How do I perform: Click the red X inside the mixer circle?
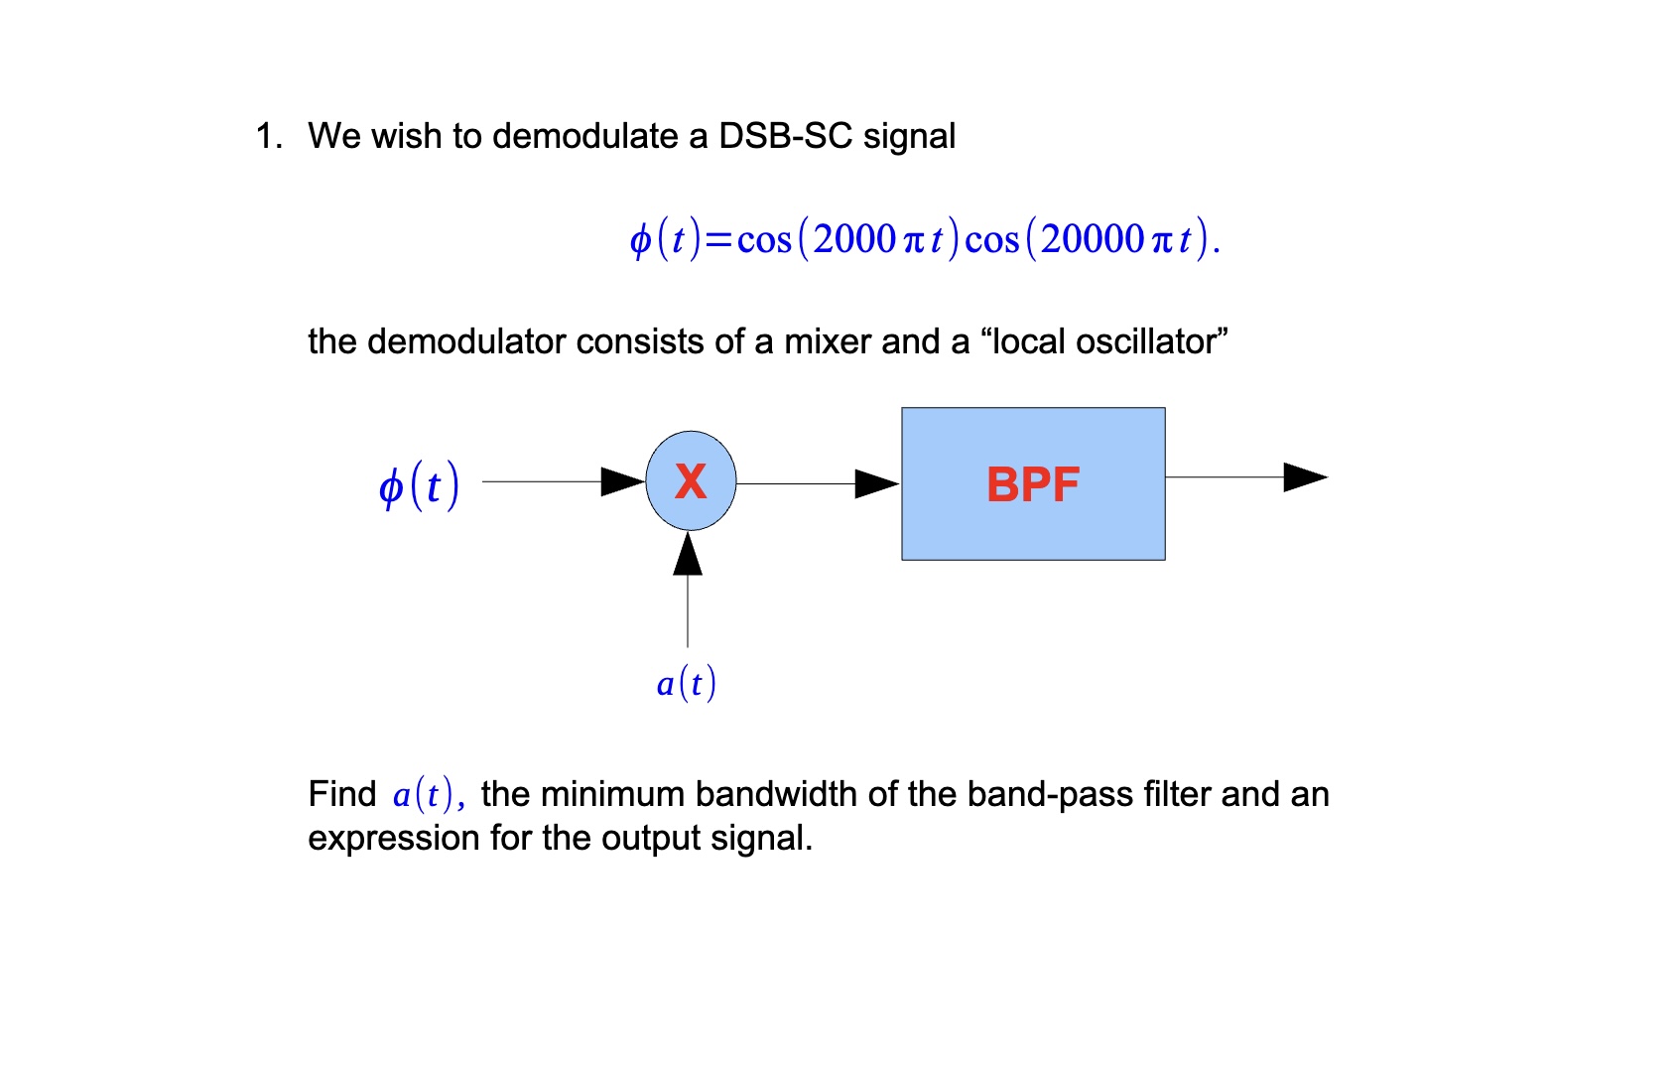tap(691, 481)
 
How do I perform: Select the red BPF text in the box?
tap(1032, 484)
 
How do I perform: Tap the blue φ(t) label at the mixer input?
tap(419, 485)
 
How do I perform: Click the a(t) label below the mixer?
tap(686, 683)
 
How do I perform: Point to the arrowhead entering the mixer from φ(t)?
tap(624, 481)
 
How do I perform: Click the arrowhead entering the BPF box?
tap(877, 483)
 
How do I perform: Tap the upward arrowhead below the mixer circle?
tap(688, 554)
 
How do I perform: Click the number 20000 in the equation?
tap(1092, 239)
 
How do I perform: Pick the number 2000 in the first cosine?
tap(854, 239)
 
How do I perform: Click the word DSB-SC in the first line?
tap(785, 136)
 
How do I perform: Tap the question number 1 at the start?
tap(265, 136)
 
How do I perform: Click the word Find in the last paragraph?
tap(341, 794)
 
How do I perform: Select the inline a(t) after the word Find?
tap(424, 794)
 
